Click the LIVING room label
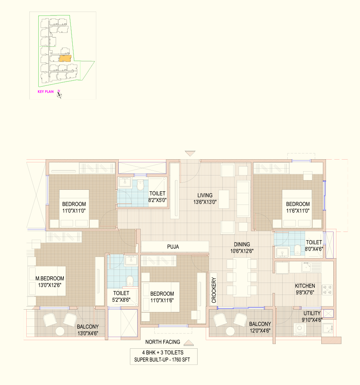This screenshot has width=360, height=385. click(x=205, y=196)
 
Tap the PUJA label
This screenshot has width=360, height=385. click(x=173, y=247)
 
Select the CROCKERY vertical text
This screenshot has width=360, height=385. click(x=214, y=290)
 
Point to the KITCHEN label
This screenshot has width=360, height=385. click(x=305, y=286)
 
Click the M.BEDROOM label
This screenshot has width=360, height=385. click(x=50, y=278)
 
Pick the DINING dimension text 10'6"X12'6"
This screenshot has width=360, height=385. click(x=242, y=251)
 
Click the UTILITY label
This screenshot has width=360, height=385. click(x=312, y=313)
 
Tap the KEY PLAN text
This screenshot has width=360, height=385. click(x=46, y=92)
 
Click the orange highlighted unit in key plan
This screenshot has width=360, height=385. click(x=65, y=58)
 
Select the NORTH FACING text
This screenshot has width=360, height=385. click(x=162, y=342)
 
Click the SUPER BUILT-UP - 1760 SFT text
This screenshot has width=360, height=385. click(x=162, y=360)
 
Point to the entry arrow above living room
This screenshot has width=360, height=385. click(x=190, y=153)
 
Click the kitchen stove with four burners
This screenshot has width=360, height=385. click(x=327, y=290)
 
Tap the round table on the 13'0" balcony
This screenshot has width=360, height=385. click(x=60, y=331)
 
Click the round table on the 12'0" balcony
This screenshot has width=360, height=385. click(x=230, y=331)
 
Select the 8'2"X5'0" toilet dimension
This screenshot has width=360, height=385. click(x=157, y=200)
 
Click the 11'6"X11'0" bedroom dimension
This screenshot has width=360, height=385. click(x=298, y=211)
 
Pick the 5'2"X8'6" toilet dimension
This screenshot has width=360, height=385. click(x=121, y=300)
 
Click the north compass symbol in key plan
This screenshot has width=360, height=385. click(x=59, y=94)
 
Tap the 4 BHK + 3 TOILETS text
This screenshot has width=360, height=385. click(x=162, y=353)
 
